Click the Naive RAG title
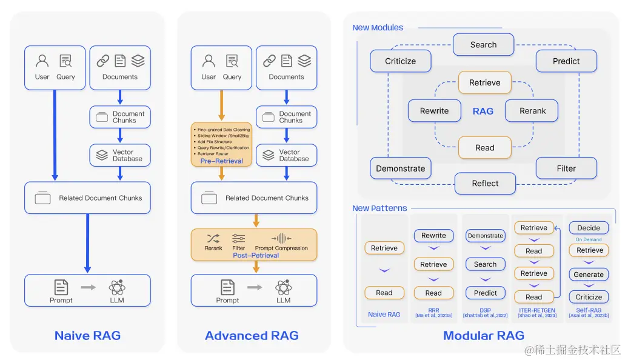coord(87,335)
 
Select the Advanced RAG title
coord(252,335)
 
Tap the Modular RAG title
coord(483,335)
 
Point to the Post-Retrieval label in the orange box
coord(256,256)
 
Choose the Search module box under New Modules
coord(483,45)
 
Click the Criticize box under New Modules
coord(401,61)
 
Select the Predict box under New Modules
coord(566,61)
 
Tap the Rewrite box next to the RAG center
coord(435,111)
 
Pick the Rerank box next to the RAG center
coord(533,111)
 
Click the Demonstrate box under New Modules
coord(401,168)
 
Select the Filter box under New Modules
coord(566,168)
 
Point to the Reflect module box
coord(485,183)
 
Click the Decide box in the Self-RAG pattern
coord(589,228)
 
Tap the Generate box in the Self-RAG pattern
coord(589,275)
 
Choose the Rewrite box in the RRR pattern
coord(433,235)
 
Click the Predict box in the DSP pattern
coord(485,293)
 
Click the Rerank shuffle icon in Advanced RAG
coord(213,239)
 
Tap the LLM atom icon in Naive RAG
coord(117,287)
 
